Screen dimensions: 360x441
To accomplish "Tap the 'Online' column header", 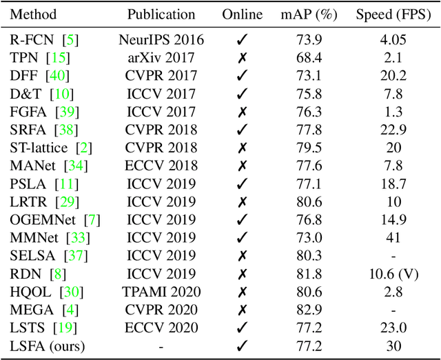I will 242,14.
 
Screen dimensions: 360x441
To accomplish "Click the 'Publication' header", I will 161,14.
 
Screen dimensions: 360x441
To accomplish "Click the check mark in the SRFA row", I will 242,129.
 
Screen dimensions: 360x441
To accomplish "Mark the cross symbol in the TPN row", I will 242,57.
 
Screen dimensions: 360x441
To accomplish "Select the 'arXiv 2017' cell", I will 161,57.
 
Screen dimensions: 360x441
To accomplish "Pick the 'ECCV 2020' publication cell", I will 161,328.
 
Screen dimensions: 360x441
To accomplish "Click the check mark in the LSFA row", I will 242,346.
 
